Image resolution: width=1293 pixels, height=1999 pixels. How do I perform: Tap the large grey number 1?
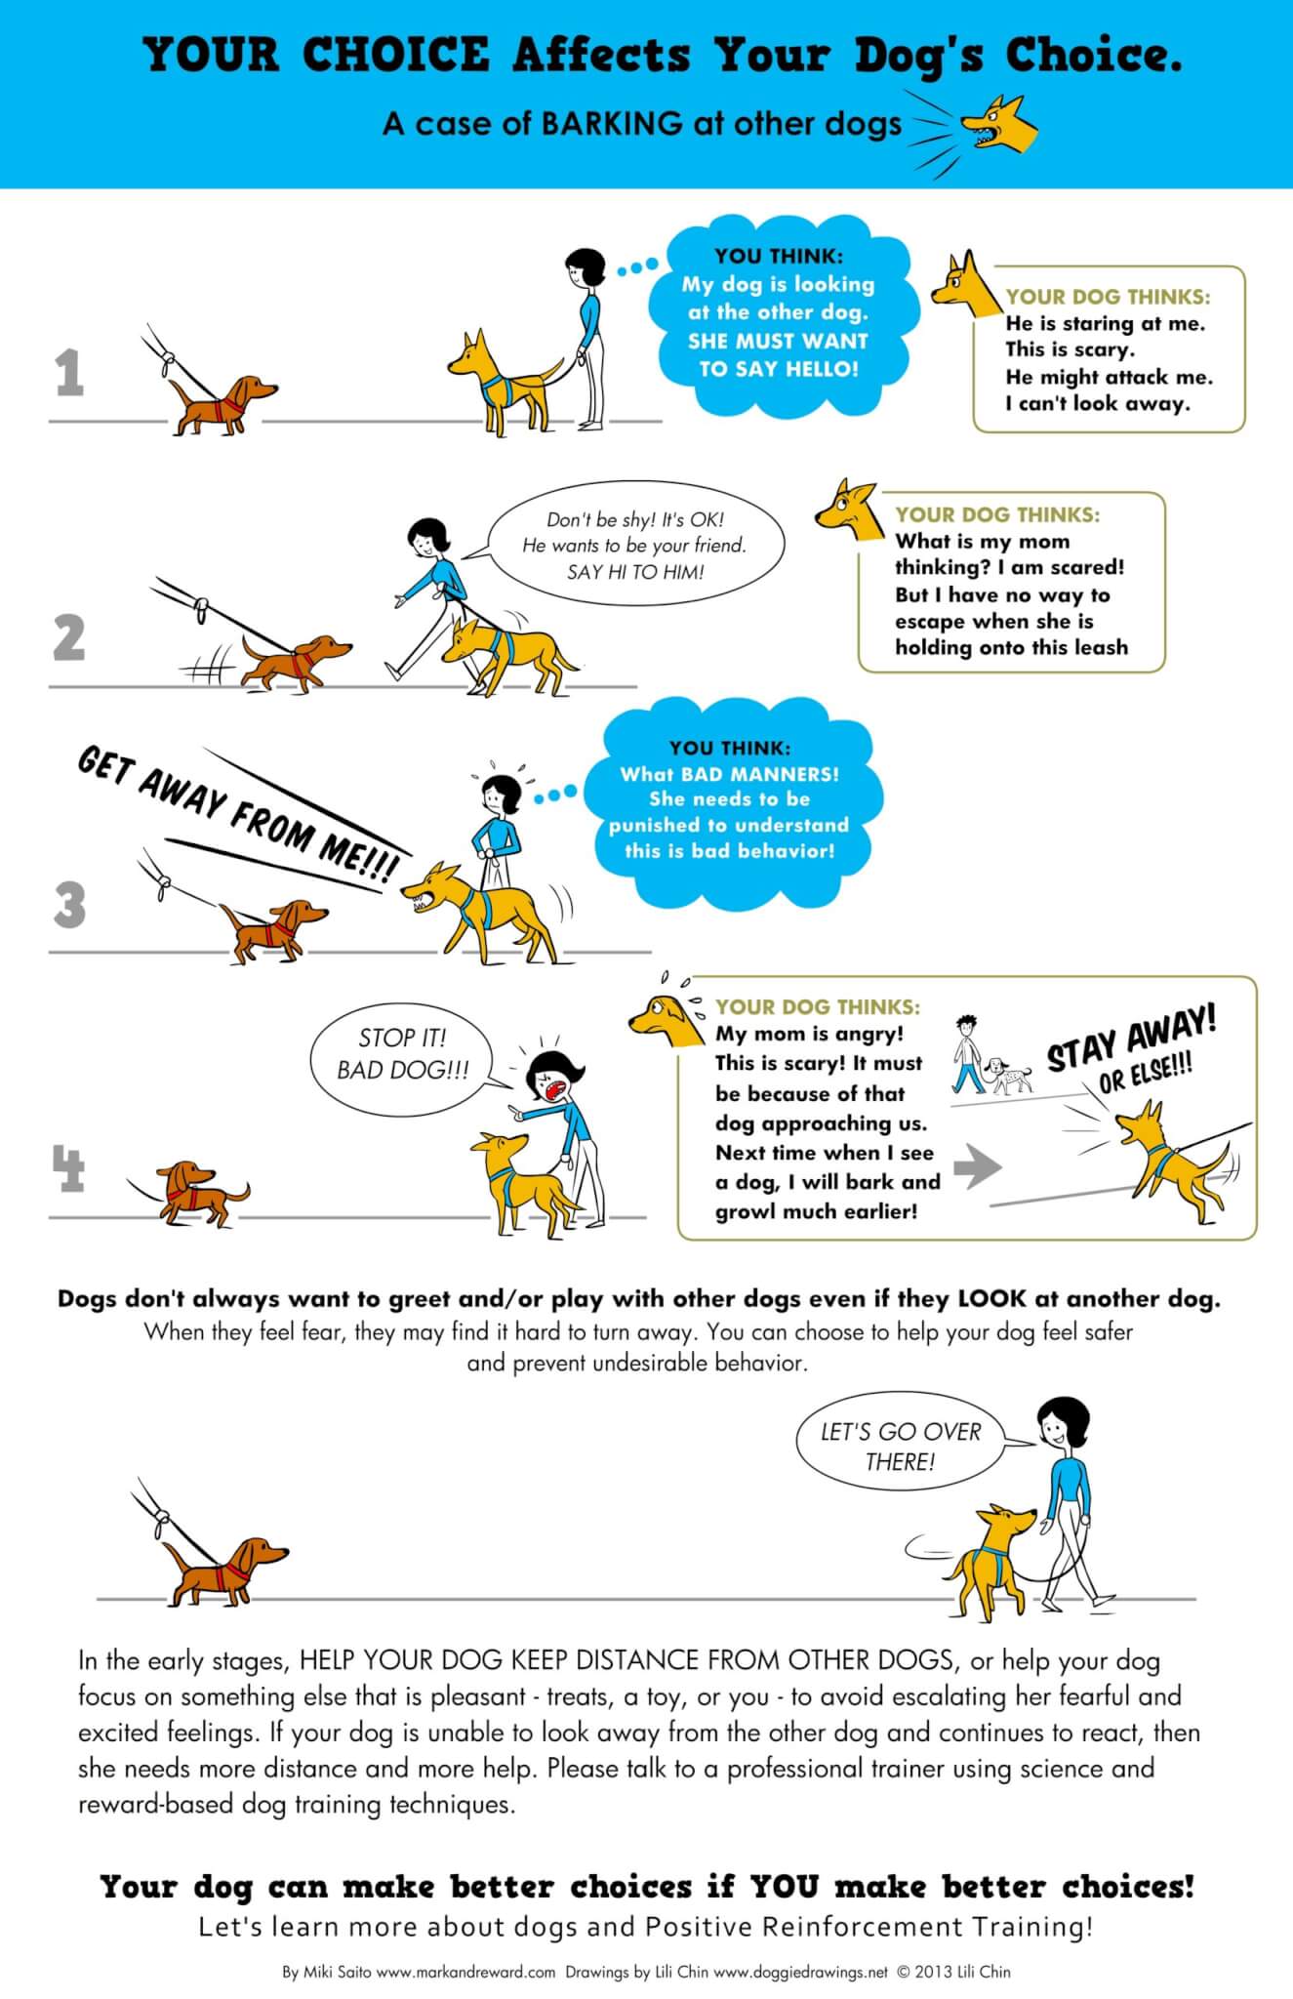68,374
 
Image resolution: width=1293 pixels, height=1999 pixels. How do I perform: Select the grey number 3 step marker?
69,905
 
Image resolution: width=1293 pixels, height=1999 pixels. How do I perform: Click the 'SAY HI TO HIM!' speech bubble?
634,547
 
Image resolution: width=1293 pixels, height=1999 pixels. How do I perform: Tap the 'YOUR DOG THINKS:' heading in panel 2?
997,514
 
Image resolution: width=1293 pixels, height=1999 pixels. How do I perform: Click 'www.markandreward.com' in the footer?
465,1972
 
